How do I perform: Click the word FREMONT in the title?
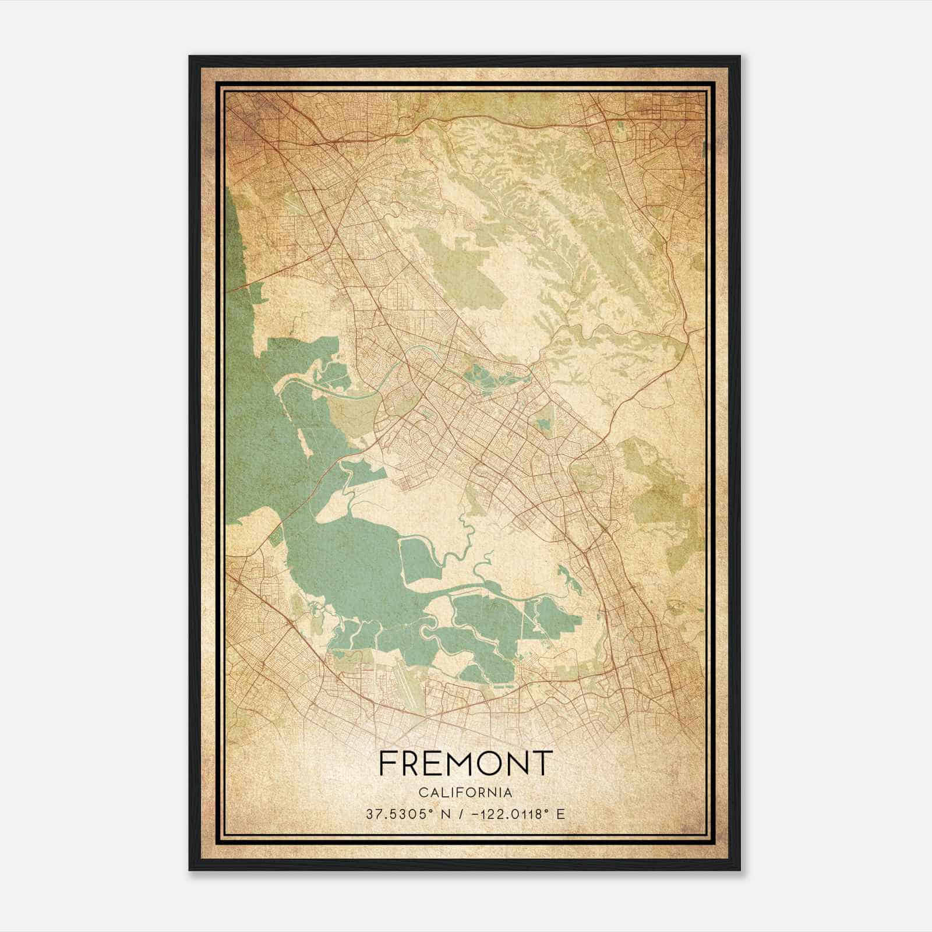click(x=465, y=762)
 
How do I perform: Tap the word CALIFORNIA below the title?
click(x=465, y=792)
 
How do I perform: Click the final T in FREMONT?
click(x=543, y=762)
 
